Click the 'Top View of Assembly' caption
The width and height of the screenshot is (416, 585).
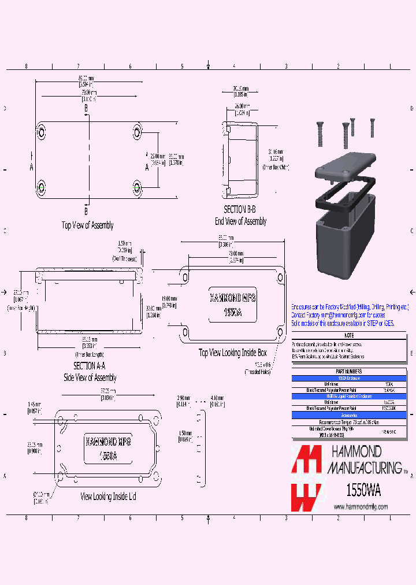88,225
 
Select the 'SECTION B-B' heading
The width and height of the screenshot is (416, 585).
240,210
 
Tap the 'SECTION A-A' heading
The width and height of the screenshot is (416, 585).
89,366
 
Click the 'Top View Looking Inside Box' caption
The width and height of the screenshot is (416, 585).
233,353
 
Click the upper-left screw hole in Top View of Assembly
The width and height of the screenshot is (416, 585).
42,131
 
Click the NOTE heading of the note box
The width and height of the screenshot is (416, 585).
348,336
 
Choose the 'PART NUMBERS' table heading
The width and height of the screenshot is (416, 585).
348,371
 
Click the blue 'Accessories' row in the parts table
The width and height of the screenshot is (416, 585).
348,415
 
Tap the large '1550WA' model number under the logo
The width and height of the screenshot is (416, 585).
362,488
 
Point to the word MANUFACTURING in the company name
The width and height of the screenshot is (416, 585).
365,467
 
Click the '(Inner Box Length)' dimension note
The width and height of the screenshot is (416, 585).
90,354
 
